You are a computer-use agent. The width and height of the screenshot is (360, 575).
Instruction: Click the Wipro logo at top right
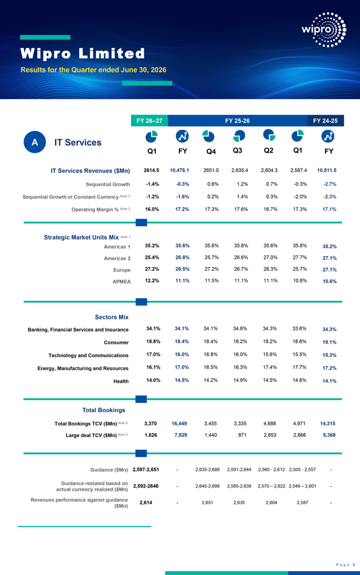click(324, 29)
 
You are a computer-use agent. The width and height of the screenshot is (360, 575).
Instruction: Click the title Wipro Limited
click(82, 54)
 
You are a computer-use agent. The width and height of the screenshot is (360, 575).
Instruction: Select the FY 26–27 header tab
click(150, 121)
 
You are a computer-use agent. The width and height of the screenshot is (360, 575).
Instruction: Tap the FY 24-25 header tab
click(325, 121)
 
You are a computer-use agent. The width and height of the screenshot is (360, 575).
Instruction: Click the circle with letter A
click(35, 142)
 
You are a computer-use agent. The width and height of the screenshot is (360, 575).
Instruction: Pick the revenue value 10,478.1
click(180, 170)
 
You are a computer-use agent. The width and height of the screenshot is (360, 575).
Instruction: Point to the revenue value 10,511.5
click(327, 170)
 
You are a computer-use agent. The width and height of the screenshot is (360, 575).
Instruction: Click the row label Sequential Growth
click(108, 184)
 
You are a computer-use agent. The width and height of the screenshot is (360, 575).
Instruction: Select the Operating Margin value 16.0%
click(152, 209)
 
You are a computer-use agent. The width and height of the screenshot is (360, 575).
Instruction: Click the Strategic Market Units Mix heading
click(81, 237)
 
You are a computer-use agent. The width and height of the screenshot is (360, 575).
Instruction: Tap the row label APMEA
click(121, 282)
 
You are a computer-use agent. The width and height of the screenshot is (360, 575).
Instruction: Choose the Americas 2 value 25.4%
click(152, 257)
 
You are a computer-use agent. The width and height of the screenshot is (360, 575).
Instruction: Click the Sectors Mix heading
click(111, 317)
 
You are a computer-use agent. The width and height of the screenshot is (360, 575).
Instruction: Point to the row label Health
click(121, 381)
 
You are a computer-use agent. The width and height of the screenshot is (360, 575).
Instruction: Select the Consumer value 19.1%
click(329, 342)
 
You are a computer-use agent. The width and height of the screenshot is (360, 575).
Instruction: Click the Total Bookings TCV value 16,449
click(180, 424)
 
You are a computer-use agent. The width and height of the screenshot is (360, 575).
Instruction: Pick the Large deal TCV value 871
click(242, 435)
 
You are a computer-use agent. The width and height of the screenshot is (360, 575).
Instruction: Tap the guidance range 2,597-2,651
click(146, 470)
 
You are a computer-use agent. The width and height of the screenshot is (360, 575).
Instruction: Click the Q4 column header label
click(211, 151)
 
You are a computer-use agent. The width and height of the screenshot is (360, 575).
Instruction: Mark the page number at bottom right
click(354, 565)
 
